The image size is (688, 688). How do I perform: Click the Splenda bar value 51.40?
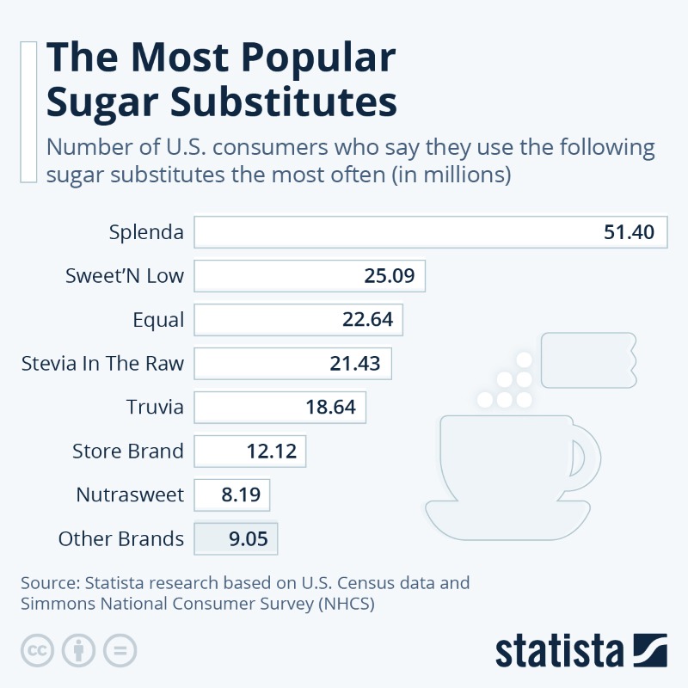(x=629, y=232)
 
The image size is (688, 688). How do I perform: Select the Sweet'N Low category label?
(x=125, y=276)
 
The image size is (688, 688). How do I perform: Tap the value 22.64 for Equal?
(x=367, y=320)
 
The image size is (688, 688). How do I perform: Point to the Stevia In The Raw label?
(x=102, y=363)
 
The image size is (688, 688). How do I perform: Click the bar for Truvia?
(x=280, y=407)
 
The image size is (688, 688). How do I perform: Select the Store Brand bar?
(x=250, y=451)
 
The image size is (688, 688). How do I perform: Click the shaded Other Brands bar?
(x=236, y=539)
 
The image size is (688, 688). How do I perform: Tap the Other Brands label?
(x=121, y=539)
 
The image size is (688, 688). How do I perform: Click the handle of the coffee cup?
(x=586, y=455)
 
